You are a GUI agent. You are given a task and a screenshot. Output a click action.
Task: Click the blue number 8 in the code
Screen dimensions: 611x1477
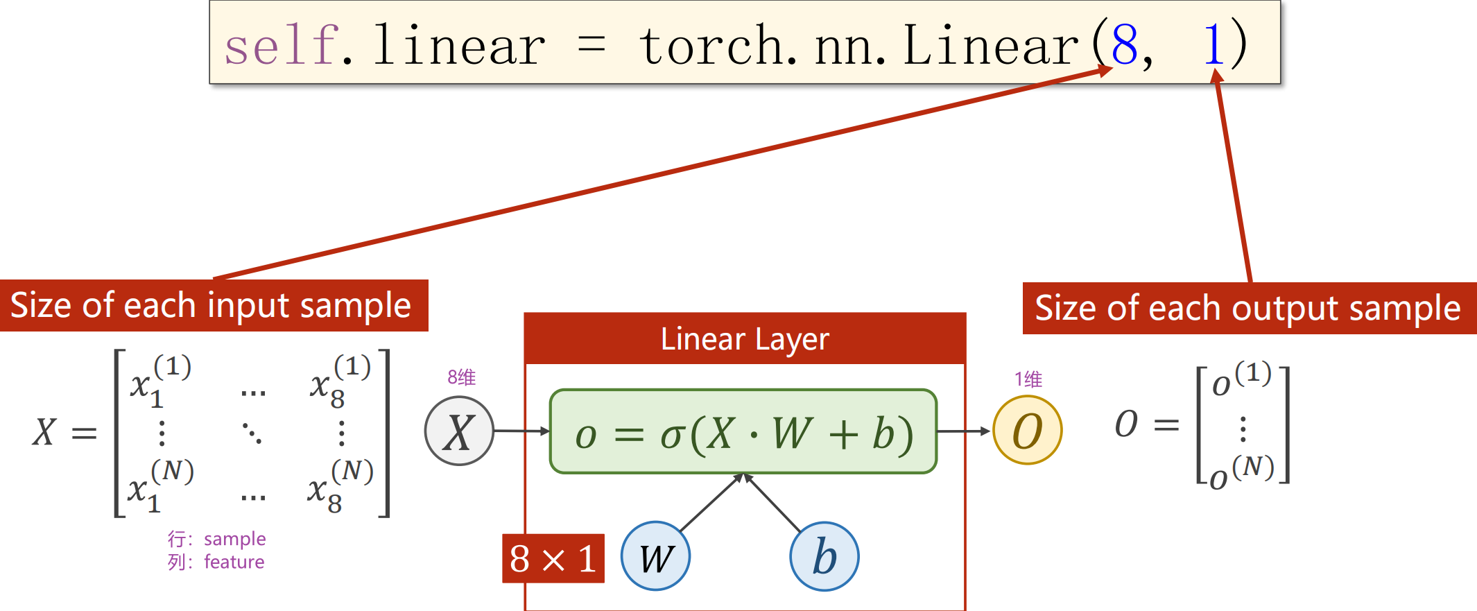pos(1125,45)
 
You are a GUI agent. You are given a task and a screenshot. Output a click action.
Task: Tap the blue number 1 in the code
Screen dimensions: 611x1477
pos(1213,45)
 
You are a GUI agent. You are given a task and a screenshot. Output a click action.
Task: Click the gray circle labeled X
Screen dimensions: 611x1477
pos(459,431)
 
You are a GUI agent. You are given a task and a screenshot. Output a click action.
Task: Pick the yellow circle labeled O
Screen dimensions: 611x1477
pos(1027,430)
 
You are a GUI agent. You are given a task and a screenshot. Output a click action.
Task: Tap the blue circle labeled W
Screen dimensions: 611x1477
pos(655,556)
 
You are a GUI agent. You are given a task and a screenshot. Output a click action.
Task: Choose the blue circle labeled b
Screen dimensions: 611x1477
pos(824,556)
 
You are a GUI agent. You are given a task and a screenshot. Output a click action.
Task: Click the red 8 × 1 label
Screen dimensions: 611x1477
pos(553,558)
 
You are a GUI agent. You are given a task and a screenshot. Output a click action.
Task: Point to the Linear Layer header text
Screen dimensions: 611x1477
pos(745,339)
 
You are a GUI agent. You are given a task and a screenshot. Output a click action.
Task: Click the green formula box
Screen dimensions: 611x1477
pos(743,431)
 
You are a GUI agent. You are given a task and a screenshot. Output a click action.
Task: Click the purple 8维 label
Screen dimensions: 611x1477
pos(462,377)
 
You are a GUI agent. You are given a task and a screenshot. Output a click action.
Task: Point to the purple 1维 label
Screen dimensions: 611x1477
pos(1028,379)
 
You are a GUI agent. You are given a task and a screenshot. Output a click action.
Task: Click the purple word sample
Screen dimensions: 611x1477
pos(235,539)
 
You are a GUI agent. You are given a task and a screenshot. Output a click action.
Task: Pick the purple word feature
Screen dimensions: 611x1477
pos(234,562)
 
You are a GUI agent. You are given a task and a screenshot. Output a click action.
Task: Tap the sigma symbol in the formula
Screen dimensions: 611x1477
pos(671,436)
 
